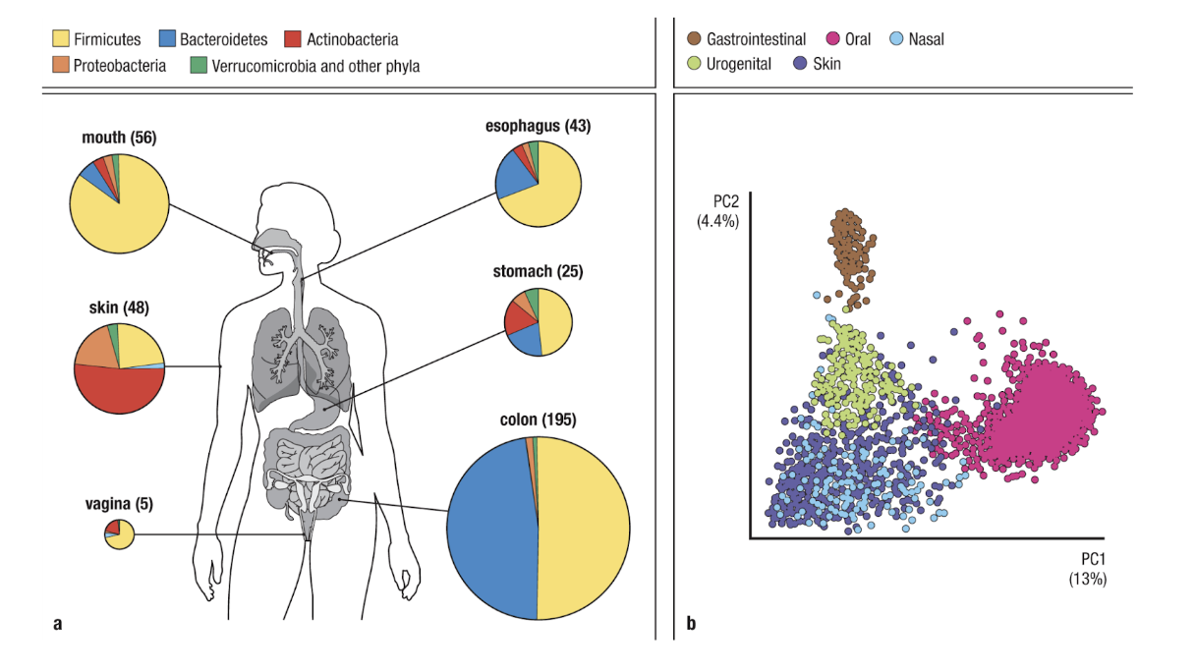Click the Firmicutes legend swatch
(60, 40)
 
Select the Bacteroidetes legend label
(223, 40)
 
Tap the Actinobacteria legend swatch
(292, 40)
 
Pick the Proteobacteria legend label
(120, 67)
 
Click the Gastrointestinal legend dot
(694, 39)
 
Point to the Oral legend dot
(832, 39)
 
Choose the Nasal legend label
(926, 39)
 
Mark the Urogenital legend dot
(694, 64)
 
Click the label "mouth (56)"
(119, 139)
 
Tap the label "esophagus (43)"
(538, 126)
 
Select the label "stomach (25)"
(537, 271)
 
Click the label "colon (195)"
(537, 420)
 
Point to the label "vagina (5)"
(119, 504)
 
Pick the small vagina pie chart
(119, 535)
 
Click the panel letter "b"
(690, 622)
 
